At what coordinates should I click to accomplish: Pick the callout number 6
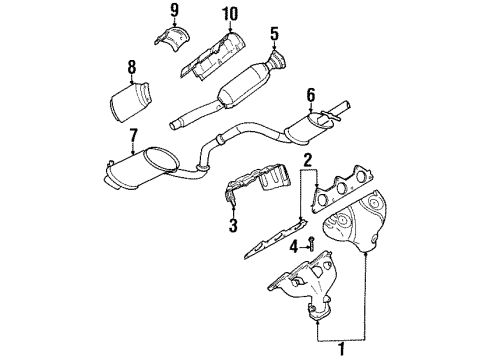click(x=311, y=95)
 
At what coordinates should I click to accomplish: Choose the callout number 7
click(x=134, y=135)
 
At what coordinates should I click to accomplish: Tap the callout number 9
click(x=174, y=13)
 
